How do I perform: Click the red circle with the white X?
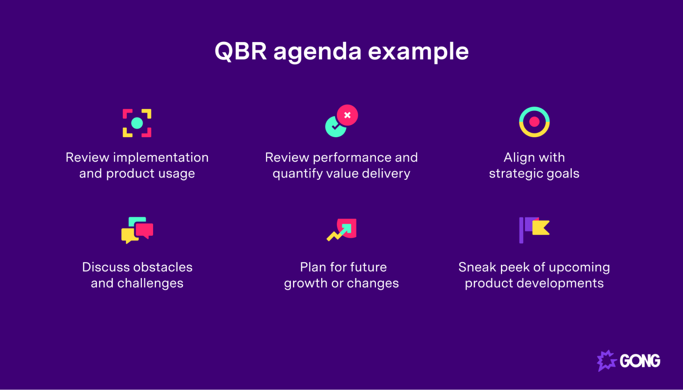[x=347, y=115]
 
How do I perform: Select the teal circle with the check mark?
[x=334, y=128]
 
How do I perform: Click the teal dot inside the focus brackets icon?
[x=137, y=123]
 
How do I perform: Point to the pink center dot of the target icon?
[x=534, y=121]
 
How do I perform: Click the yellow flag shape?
[x=541, y=228]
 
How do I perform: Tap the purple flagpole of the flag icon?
[x=521, y=230]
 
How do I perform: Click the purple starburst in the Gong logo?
[x=606, y=360]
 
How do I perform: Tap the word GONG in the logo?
[x=640, y=361]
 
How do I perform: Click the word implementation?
[x=161, y=158]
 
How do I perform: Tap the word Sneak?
[x=477, y=267]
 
